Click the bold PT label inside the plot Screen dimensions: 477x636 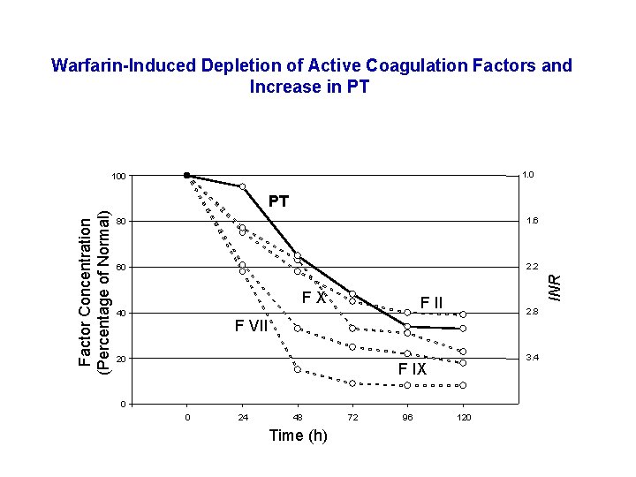click(278, 201)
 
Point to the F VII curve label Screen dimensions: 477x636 click(251, 326)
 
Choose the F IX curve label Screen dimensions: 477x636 click(412, 369)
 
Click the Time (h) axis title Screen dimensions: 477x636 click(298, 435)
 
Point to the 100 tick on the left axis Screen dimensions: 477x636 click(117, 177)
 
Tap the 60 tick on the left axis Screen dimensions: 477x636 click(120, 268)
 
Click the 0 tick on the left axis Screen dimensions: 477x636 click(123, 405)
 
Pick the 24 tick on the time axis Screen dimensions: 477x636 click(242, 417)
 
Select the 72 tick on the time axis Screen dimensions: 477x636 click(352, 417)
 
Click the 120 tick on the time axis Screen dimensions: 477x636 click(462, 417)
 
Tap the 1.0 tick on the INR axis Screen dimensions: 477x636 click(528, 175)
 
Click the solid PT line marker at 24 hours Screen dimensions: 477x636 click(242, 186)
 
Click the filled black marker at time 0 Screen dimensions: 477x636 click(186, 175)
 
